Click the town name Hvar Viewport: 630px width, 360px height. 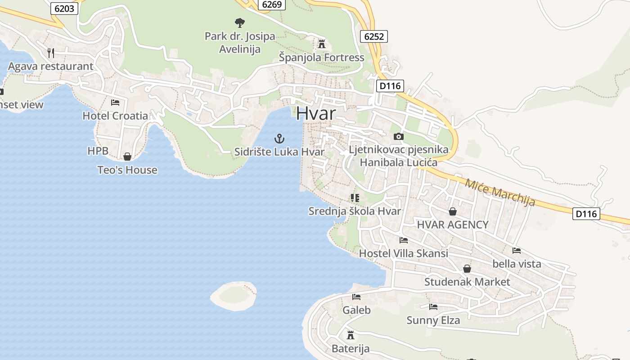pos(315,113)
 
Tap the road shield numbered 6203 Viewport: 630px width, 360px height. pos(64,8)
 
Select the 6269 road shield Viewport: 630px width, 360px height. pos(272,4)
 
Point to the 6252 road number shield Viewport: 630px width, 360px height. pos(374,36)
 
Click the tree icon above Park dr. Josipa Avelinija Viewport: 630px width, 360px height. pos(240,22)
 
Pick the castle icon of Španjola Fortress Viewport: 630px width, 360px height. pos(321,44)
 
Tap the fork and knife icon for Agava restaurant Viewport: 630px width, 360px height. pos(51,53)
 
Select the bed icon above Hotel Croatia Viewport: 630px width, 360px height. pos(115,103)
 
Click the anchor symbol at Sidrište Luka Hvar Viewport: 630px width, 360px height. pos(279,139)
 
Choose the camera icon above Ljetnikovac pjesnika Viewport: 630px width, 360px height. pos(398,136)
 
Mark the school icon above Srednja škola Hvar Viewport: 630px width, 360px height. pos(355,198)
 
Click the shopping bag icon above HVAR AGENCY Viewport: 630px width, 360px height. pos(453,211)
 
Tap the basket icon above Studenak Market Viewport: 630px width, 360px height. pos(467,269)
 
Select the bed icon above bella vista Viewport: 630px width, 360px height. pos(517,250)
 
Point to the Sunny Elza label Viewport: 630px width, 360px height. pos(433,320)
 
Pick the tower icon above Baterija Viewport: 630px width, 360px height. pos(351,335)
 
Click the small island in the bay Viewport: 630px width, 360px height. pos(234,295)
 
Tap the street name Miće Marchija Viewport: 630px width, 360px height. pos(499,192)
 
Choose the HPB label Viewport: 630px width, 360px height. pos(98,151)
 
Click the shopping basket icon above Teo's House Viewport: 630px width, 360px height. pos(127,157)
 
